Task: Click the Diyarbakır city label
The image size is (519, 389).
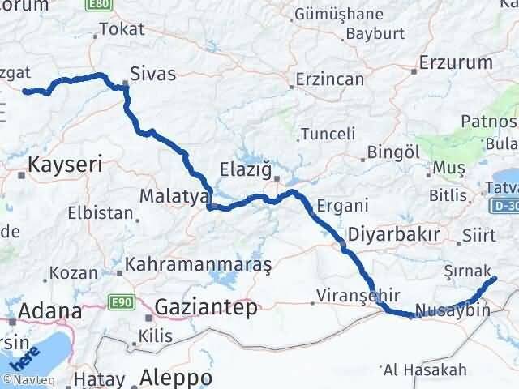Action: pyautogui.click(x=393, y=234)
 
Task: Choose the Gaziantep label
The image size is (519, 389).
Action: pyautogui.click(x=206, y=307)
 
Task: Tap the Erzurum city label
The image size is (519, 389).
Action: pyautogui.click(x=457, y=62)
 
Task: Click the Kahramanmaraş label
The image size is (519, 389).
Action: pyautogui.click(x=198, y=265)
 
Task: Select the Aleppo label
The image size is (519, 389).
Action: pyautogui.click(x=176, y=378)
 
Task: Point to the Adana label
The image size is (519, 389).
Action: pyautogui.click(x=49, y=311)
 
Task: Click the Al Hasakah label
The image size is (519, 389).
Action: pyautogui.click(x=425, y=370)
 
